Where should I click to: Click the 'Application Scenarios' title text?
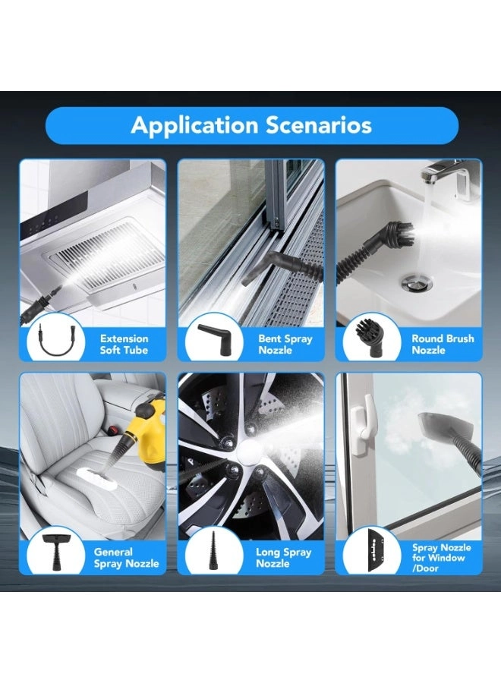coord(251,125)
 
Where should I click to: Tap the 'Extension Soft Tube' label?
coord(124,344)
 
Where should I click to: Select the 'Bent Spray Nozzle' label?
coord(285,344)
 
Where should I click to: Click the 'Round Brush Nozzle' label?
coord(443,344)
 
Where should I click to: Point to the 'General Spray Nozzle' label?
coord(126,558)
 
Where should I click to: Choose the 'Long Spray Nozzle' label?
coord(284,558)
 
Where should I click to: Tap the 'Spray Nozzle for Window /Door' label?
coord(441,558)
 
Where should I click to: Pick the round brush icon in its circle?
coord(370,338)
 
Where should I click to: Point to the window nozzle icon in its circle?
coord(376,550)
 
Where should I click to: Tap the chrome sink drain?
coord(417,282)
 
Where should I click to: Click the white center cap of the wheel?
coord(249,452)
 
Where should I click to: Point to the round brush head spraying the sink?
coord(397,234)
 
